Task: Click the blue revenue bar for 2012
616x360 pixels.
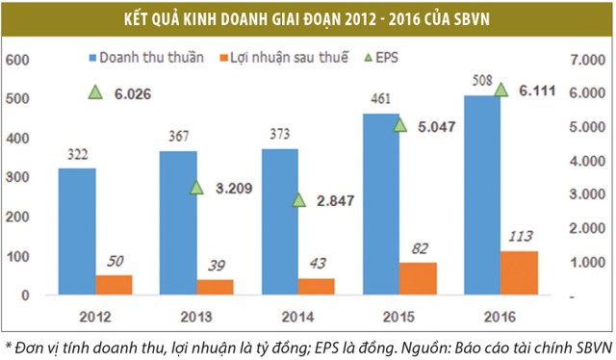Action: [x=76, y=231]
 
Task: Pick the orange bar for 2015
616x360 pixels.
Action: [x=418, y=278]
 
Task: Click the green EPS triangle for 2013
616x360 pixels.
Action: [x=196, y=188]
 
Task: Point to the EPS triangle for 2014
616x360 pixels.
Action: [x=298, y=200]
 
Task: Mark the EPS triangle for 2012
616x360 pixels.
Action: [x=94, y=92]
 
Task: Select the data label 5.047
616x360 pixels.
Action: [x=440, y=124]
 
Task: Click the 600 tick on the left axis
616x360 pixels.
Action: [x=20, y=60]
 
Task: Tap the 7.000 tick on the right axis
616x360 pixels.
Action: [x=588, y=60]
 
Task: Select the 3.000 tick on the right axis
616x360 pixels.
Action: [x=588, y=194]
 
